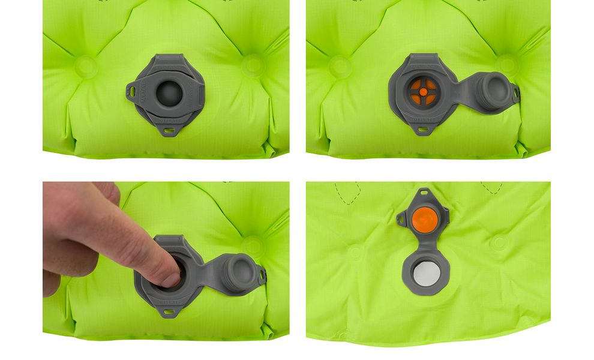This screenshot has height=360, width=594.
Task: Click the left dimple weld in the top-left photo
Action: point(86,66)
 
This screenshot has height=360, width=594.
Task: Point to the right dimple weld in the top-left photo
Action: point(251,65)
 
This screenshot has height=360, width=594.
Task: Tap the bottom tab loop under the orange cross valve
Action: point(424,129)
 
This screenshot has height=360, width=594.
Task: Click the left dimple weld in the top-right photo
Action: point(340,66)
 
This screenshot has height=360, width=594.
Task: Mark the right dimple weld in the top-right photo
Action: point(508,65)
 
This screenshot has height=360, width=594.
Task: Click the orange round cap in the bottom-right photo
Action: point(424,217)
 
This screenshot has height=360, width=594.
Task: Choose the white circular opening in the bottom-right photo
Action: point(424,274)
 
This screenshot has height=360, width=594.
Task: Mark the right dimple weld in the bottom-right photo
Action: point(499,242)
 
